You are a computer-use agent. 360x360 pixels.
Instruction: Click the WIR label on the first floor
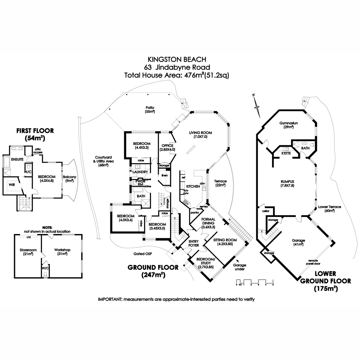pyautogui.click(x=12, y=185)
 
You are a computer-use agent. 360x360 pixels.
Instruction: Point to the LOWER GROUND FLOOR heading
pyautogui.click(x=325, y=281)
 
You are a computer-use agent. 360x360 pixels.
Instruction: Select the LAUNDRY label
pyautogui.click(x=139, y=172)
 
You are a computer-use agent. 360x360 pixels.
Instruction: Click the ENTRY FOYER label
pyautogui.click(x=193, y=243)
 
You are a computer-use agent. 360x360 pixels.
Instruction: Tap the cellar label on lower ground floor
pyautogui.click(x=266, y=211)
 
